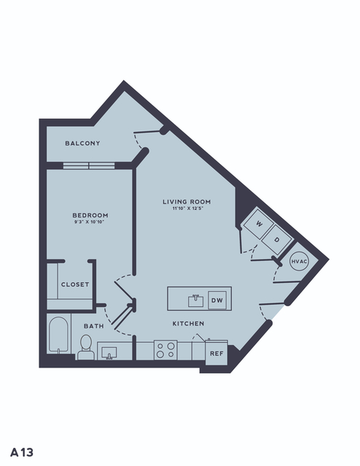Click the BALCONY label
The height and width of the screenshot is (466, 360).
click(x=82, y=143)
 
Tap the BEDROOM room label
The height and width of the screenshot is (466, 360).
click(x=90, y=215)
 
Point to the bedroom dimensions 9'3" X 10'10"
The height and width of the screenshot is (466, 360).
click(x=90, y=222)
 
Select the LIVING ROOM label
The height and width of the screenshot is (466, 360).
click(x=187, y=202)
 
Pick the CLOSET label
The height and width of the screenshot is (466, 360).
click(x=75, y=284)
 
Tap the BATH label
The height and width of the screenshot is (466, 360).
click(x=94, y=326)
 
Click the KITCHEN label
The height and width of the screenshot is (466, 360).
click(x=188, y=323)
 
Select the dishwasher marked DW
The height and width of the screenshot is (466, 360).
click(x=217, y=300)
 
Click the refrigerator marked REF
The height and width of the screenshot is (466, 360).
click(x=216, y=353)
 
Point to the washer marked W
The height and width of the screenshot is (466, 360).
click(x=258, y=224)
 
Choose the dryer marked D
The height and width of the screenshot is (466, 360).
click(x=278, y=239)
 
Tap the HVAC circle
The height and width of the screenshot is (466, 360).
click(x=299, y=261)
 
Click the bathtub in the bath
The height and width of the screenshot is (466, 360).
click(x=58, y=335)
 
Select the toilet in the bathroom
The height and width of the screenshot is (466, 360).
click(x=86, y=348)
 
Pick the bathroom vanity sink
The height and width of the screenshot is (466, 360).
click(x=109, y=353)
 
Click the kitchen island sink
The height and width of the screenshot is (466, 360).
click(x=196, y=300)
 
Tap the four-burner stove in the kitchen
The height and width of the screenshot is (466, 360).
click(x=165, y=350)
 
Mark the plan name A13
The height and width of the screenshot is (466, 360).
click(x=22, y=452)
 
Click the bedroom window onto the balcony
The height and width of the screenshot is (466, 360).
click(x=89, y=166)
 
